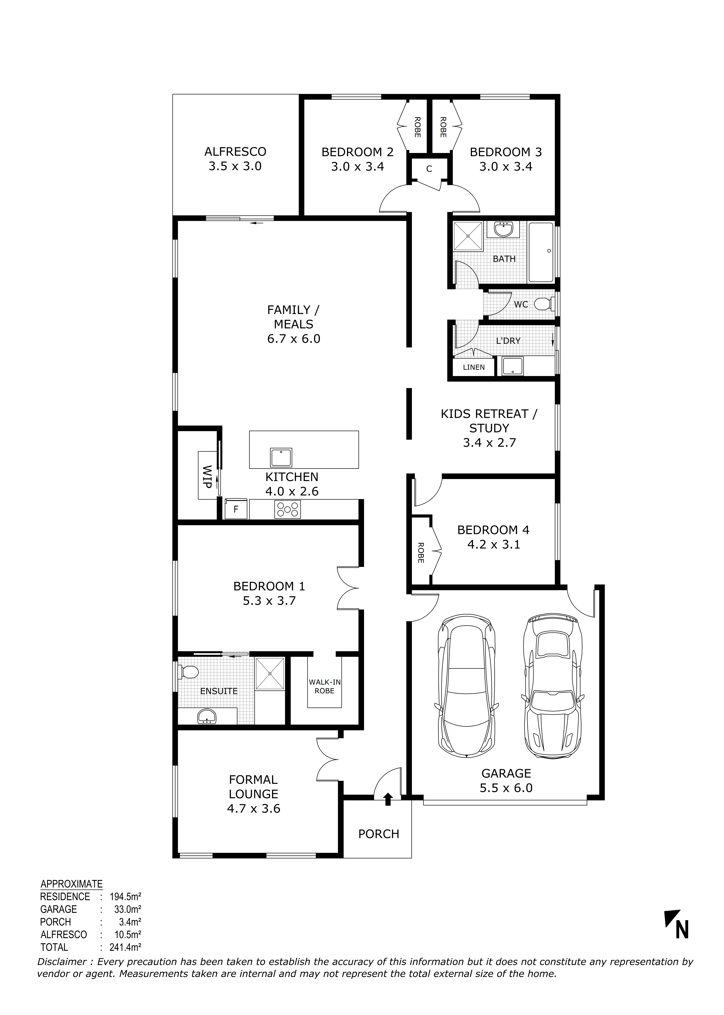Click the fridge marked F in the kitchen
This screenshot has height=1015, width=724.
point(236,509)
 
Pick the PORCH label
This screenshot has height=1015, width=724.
point(379,834)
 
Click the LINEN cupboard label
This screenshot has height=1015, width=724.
point(473,367)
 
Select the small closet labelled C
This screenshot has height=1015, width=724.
point(429,169)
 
